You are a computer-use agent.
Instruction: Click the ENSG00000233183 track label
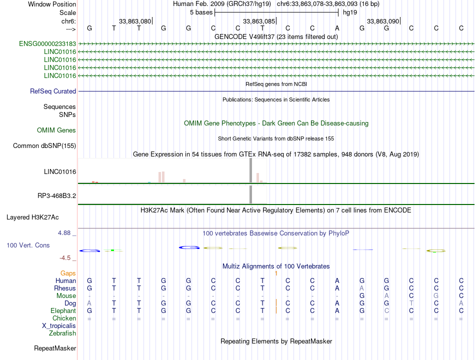pos(47,44)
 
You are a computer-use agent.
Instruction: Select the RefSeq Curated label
pos(53,91)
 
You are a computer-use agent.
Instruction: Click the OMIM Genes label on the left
pos(56,130)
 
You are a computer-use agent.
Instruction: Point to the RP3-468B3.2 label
pos(56,196)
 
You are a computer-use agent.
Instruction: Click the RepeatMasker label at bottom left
pos(55,348)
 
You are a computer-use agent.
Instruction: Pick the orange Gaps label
pos(68,273)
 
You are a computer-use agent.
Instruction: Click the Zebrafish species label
pos(62,333)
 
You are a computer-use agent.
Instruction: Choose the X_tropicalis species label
pos(59,325)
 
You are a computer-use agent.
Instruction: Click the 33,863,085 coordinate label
pos(259,21)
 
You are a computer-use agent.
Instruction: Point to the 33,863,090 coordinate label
pos(383,21)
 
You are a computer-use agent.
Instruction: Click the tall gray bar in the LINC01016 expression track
pos(250,170)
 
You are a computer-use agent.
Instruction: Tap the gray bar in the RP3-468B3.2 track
pos(250,194)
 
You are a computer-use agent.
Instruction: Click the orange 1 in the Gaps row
pos(276,273)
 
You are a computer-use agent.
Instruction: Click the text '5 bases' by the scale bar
pos(201,12)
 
